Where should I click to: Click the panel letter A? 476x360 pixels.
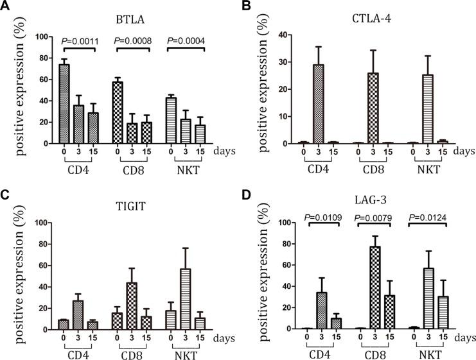tap(6, 8)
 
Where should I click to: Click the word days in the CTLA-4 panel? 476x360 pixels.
tap(462, 152)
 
